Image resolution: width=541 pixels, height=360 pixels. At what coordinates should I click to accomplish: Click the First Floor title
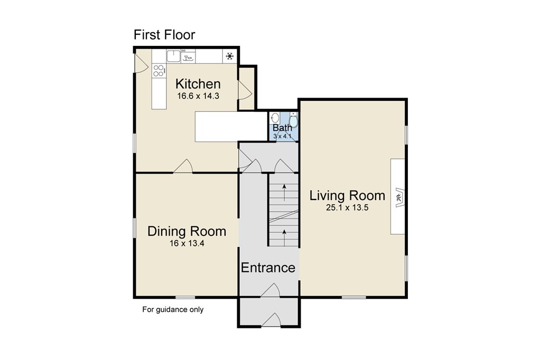point(164,35)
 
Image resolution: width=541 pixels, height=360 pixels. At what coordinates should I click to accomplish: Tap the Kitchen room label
point(198,84)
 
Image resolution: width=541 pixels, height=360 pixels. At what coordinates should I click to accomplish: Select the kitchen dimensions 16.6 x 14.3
point(198,96)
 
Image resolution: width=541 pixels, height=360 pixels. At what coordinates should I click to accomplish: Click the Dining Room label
point(186,231)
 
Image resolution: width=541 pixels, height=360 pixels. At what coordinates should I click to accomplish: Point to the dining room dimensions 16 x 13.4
point(186,243)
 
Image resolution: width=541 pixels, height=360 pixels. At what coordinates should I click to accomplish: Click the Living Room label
point(347,195)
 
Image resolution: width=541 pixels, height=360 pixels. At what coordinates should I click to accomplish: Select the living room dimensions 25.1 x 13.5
point(347,207)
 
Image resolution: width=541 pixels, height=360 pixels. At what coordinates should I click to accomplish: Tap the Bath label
point(282,128)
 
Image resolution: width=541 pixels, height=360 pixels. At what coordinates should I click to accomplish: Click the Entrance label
point(268,268)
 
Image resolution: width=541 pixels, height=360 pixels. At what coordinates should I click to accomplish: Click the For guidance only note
point(173,309)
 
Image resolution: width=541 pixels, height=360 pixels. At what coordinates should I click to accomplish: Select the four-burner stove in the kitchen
point(158,71)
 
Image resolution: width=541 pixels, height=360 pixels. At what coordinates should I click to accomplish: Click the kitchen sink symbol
point(173,56)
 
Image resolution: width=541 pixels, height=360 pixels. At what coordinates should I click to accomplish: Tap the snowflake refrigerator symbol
point(229,56)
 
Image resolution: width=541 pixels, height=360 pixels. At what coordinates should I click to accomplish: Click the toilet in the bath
point(293,120)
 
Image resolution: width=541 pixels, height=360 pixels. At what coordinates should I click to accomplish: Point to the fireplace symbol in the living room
point(399,197)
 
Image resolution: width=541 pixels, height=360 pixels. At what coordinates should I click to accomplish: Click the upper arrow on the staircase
point(284,193)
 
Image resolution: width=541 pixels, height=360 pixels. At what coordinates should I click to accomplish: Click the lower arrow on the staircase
point(284,238)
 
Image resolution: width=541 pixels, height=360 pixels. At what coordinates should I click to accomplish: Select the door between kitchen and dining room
point(183,166)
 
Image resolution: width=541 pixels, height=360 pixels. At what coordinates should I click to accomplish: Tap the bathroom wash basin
point(275,118)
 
